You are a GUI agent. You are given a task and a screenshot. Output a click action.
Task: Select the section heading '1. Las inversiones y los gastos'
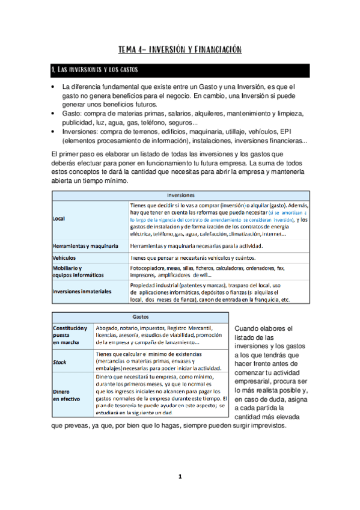[96, 70]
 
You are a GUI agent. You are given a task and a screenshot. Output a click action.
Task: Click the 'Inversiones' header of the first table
[180, 195]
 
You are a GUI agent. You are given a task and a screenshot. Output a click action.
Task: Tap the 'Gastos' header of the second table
[140, 316]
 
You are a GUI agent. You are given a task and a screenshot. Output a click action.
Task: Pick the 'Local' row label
[59, 219]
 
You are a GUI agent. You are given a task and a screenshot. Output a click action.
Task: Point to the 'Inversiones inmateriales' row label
[82, 291]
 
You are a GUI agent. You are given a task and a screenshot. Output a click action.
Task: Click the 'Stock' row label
[59, 362]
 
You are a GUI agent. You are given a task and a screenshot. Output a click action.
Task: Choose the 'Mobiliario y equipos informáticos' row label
[78, 271]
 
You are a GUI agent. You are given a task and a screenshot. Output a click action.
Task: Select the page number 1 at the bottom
[179, 477]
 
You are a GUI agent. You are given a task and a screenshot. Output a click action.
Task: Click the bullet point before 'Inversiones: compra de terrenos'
[53, 132]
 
